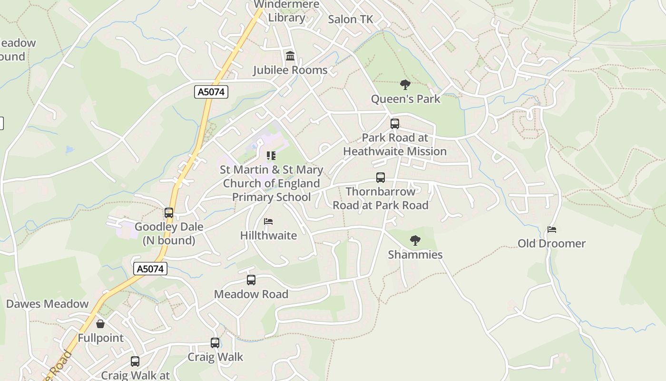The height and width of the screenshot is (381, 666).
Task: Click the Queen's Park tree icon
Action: click(405, 85)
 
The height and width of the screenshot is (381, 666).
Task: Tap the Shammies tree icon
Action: click(415, 241)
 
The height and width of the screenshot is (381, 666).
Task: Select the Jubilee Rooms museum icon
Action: click(290, 56)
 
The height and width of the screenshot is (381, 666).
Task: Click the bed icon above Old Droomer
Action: click(552, 230)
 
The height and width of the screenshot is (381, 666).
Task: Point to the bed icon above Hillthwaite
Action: click(268, 221)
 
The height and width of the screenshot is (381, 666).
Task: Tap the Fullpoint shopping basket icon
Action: click(100, 324)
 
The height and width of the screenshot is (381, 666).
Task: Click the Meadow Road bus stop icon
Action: click(251, 280)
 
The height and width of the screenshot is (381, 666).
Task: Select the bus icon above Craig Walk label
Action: click(215, 343)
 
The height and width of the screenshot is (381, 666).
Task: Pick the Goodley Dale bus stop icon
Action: click(169, 213)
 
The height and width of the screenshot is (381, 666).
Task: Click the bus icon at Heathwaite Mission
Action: click(395, 124)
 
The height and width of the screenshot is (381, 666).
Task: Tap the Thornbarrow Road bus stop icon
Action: click(381, 178)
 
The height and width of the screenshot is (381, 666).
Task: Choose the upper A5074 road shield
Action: click(211, 92)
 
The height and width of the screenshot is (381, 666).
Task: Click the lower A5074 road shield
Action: click(150, 269)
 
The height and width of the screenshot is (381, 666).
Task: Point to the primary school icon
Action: click(271, 156)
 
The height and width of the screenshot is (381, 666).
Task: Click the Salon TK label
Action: click(351, 20)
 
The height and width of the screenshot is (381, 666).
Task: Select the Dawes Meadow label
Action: click(47, 304)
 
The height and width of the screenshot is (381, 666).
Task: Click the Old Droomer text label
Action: click(551, 243)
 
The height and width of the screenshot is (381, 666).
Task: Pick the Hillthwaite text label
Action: click(268, 235)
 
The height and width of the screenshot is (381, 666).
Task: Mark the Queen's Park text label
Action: click(405, 99)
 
